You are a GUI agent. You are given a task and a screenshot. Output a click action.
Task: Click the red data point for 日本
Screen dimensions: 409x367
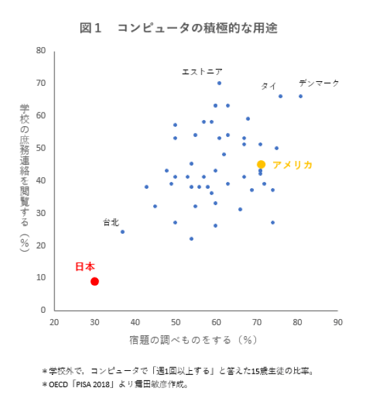coord(95,281)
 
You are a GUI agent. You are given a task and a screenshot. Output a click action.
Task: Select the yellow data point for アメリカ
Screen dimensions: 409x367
coord(261,164)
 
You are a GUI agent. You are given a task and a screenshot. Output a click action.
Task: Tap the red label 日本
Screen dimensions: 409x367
coord(85,267)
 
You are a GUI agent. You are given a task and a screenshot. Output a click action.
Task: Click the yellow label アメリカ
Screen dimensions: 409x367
coord(293,165)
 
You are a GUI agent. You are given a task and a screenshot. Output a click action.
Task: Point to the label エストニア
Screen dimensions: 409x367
coord(202,72)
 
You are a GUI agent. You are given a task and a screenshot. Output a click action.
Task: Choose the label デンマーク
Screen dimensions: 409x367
coord(319,83)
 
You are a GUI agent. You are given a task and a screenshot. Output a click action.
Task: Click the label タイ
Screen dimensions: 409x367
coord(269,87)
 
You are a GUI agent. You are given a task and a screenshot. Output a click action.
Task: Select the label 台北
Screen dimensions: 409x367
coord(111,222)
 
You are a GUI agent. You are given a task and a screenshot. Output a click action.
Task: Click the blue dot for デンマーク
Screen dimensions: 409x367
coord(300,96)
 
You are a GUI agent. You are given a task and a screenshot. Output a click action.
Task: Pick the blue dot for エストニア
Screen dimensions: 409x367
coord(219,83)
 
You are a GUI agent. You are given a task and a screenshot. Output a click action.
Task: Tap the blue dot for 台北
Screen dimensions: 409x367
coord(123,232)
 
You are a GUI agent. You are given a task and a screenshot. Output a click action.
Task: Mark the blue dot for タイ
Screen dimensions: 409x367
coord(281,96)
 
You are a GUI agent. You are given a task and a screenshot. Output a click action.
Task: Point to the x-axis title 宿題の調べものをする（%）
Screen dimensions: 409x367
coord(193,339)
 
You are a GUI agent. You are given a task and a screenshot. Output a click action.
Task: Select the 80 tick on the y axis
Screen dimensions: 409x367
coord(42,50)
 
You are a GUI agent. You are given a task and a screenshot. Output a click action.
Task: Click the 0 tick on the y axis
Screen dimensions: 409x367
coord(44,310)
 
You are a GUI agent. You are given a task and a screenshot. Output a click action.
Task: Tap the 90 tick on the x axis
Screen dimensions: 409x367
coord(338,322)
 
